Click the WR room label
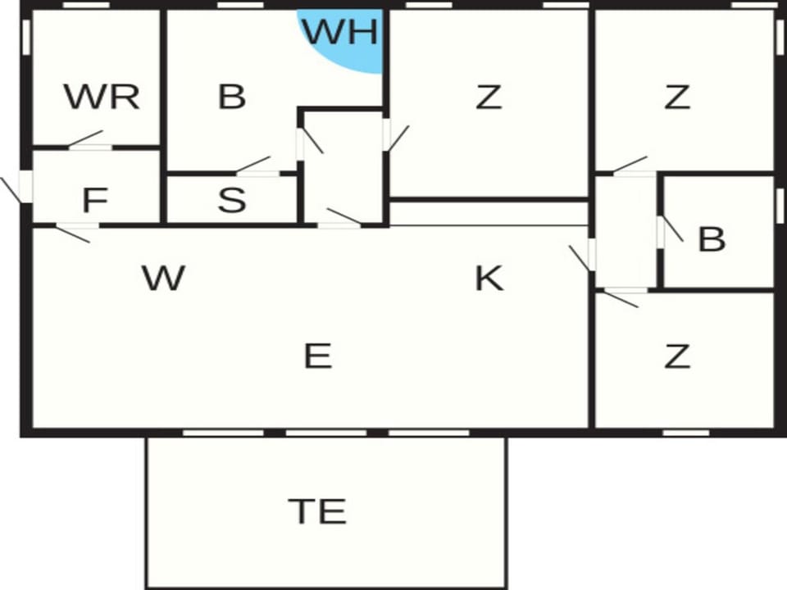102,97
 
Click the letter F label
95,200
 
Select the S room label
232,200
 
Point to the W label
164,278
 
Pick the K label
489,278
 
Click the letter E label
318,356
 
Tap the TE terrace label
317,511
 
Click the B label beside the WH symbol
232,97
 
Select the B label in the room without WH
712,239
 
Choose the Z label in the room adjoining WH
489,97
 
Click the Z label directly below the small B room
677,356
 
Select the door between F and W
75,232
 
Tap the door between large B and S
255,166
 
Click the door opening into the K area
583,256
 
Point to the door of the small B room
670,231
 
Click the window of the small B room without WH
780,206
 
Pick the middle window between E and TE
326,433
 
